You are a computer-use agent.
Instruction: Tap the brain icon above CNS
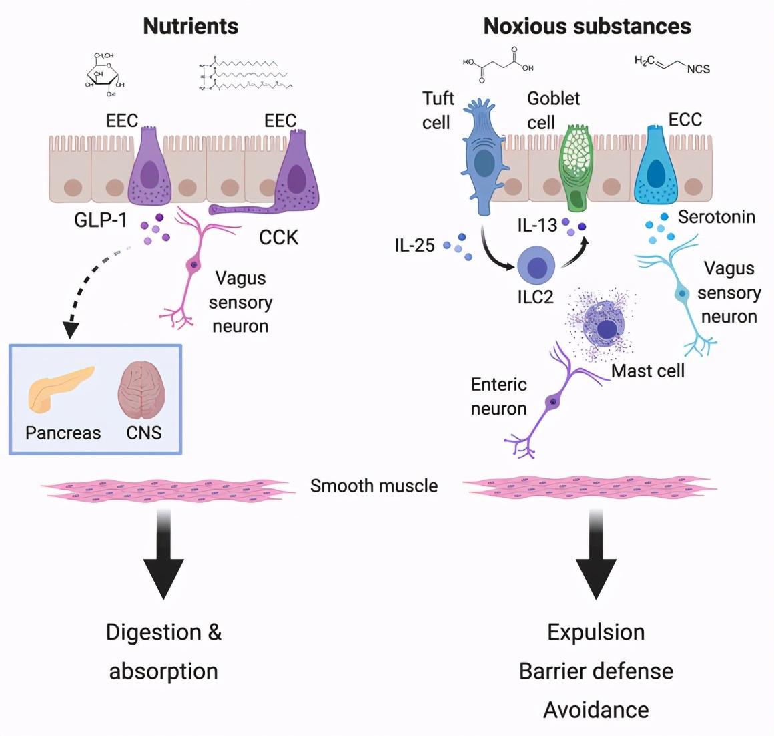pyautogui.click(x=141, y=391)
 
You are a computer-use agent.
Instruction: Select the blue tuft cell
pyautogui.click(x=483, y=158)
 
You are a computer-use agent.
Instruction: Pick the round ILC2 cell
pyautogui.click(x=536, y=266)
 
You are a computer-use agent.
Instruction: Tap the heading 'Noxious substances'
pyautogui.click(x=587, y=27)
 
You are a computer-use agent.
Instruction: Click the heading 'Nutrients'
pyautogui.click(x=191, y=27)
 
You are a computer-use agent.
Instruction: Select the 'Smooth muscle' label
pyautogui.click(x=374, y=486)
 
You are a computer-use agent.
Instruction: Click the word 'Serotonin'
pyautogui.click(x=716, y=217)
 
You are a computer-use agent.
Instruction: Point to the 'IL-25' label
pyautogui.click(x=414, y=246)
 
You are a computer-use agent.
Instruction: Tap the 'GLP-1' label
pyautogui.click(x=100, y=220)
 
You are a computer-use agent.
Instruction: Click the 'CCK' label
pyautogui.click(x=278, y=238)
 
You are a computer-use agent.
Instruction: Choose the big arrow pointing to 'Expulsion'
pyautogui.click(x=596, y=554)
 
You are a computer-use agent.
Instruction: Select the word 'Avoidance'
pyautogui.click(x=596, y=709)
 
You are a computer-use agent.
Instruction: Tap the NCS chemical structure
pyautogui.click(x=671, y=64)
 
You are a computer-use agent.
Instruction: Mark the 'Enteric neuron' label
pyautogui.click(x=498, y=396)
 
